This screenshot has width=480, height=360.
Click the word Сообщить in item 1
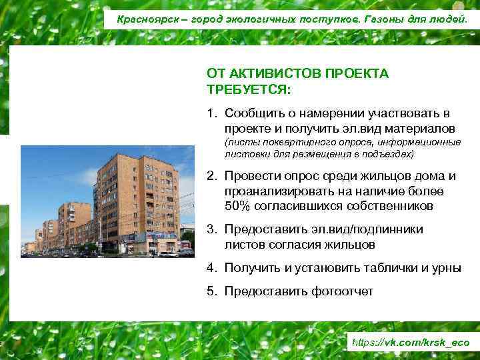coord(252,114)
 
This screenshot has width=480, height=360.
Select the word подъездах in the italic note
coord(388,154)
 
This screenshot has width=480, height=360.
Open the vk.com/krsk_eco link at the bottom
coord(410,342)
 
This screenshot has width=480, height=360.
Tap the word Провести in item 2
coord(253,177)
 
